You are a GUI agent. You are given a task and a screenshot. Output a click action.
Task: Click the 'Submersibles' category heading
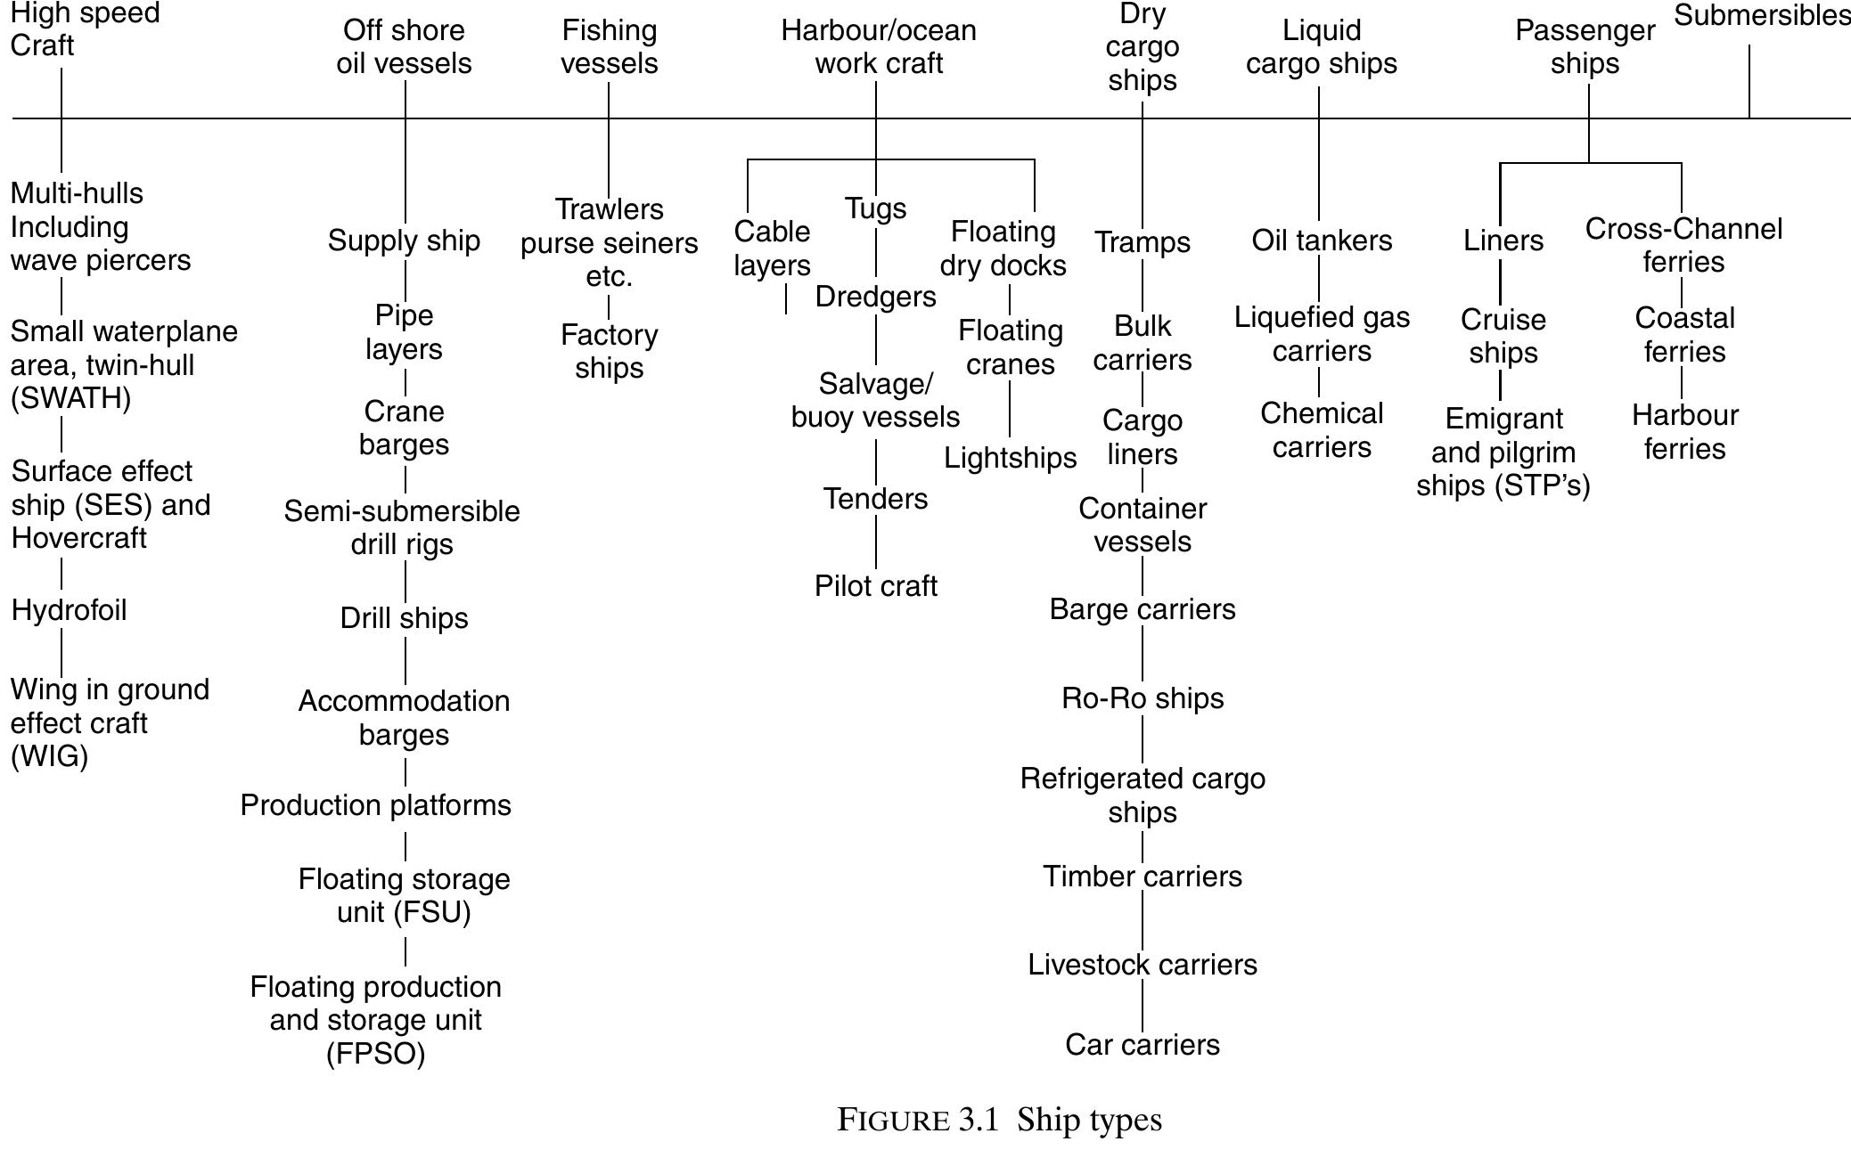(1761, 16)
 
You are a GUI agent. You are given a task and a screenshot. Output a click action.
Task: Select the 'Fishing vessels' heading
(610, 47)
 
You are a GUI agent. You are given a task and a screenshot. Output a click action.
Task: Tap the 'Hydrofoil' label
(70, 610)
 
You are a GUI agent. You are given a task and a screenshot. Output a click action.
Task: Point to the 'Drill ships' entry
(404, 618)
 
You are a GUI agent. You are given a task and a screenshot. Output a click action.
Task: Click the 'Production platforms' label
(375, 805)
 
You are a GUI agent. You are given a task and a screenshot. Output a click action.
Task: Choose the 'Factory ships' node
(610, 351)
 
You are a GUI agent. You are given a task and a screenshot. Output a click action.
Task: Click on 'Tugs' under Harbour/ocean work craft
(875, 208)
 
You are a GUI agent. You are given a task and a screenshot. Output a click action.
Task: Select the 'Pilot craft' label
(875, 586)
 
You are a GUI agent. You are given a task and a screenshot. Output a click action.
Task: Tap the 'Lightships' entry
(1010, 458)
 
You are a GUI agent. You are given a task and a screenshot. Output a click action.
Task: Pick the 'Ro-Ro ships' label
(1143, 698)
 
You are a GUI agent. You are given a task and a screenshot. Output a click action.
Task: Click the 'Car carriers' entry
(1143, 1045)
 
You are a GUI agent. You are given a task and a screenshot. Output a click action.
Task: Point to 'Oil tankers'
(1322, 241)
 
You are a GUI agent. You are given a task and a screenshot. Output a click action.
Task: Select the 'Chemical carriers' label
(1322, 430)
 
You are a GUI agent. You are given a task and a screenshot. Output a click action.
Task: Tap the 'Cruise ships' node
(1503, 336)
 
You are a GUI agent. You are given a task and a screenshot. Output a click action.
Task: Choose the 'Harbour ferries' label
(1684, 432)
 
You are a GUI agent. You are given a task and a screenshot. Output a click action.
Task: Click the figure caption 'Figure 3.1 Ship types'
(999, 1120)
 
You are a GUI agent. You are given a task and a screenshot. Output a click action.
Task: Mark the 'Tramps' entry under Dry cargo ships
(1143, 242)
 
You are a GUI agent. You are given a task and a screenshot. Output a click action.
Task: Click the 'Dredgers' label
(875, 297)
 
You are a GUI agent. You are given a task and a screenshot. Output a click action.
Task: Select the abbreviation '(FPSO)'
(375, 1054)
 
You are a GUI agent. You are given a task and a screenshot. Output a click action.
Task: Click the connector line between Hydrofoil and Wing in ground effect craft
(61, 652)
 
